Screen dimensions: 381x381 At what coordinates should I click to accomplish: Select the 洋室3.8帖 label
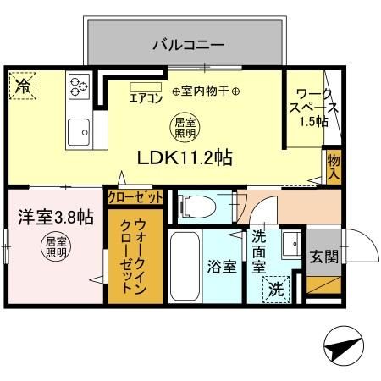(x=56, y=217)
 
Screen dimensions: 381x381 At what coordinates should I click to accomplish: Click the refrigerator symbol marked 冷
(x=22, y=86)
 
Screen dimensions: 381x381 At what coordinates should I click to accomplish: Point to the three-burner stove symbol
(x=80, y=86)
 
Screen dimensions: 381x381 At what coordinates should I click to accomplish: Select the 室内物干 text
(x=206, y=91)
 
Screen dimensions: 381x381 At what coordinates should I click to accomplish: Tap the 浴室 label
(x=222, y=266)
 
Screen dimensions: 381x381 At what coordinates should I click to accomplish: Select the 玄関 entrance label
(x=322, y=256)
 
